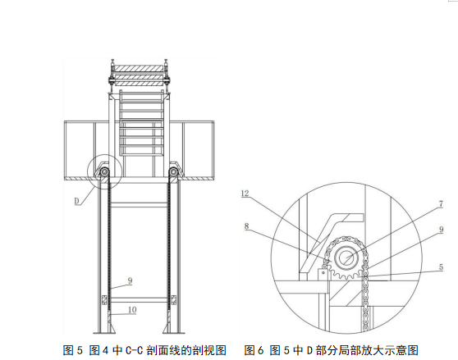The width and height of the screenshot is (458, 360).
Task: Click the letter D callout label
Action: coord(77,201)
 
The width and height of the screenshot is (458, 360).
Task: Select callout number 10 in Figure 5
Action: coord(132,309)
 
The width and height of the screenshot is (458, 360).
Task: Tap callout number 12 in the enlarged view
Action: coord(245,194)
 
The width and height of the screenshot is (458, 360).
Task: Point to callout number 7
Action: coord(441,203)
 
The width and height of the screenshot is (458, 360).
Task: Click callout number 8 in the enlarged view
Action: coord(247,226)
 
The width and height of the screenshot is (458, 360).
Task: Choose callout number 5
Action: coord(441,267)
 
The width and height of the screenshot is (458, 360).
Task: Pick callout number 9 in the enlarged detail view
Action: coord(441,230)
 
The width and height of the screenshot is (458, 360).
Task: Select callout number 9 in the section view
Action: coord(130,280)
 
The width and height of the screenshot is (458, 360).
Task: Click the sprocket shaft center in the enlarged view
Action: coord(346,257)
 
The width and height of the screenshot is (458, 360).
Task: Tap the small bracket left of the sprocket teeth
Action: coord(323,275)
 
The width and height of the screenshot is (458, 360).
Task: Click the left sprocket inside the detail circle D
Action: coord(104,172)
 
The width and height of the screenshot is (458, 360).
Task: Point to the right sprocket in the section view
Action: coord(173,172)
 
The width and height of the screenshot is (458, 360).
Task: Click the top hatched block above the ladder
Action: coord(138,69)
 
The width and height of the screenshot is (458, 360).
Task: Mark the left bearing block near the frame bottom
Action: coord(103,300)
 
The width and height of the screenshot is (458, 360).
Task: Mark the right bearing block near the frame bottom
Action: coord(173,300)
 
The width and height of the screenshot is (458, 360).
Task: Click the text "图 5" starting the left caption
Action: coord(73,350)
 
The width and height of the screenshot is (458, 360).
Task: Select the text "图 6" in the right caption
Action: coord(254,350)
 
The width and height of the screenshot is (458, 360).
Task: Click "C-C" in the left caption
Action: coord(134,350)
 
